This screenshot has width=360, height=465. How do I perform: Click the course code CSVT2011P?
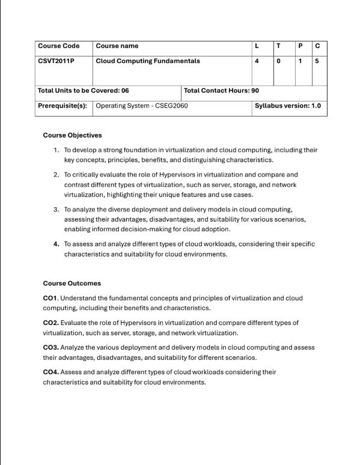pos(55,61)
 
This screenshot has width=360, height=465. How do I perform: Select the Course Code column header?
pos(58,46)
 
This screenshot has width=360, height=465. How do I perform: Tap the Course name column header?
pos(117,46)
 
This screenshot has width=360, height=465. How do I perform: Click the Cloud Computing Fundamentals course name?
pos(148,61)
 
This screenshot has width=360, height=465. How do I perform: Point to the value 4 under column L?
pos(257,61)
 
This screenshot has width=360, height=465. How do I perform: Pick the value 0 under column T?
pos(278,61)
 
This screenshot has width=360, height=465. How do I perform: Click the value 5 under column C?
pos(317,61)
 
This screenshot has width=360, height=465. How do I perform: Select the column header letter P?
pos(300,46)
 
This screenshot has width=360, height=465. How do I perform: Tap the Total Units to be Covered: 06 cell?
pos(83,91)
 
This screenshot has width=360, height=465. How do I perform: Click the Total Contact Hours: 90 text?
pos(221,91)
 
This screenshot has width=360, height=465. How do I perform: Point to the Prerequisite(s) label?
pos(62,106)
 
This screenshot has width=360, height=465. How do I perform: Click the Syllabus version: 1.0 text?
pos(287,106)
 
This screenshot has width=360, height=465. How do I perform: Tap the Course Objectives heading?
pos(72,135)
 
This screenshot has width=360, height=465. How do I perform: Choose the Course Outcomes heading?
pos(72,283)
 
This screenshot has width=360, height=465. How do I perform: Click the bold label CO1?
pos(50,298)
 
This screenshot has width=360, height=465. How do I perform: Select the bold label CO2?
pos(50,323)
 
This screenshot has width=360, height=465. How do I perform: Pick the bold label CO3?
pos(50,347)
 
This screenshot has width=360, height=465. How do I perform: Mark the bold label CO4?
pos(50,372)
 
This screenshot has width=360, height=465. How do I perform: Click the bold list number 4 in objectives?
pos(56,244)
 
